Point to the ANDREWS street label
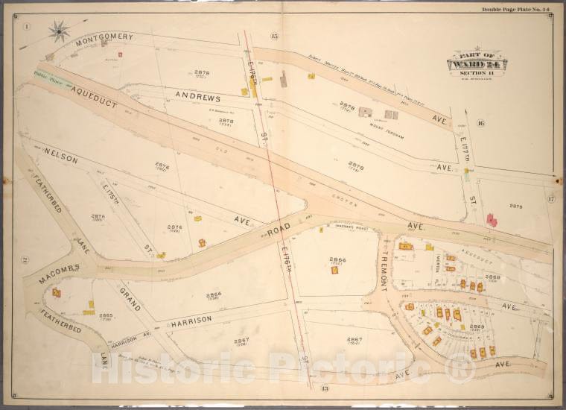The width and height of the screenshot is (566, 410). [x=198, y=97]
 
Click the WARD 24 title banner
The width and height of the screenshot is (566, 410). [x=476, y=64]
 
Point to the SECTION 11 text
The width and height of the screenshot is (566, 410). [x=476, y=74]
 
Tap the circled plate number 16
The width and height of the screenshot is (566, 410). [x=480, y=123]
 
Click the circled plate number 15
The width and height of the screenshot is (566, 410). [x=274, y=36]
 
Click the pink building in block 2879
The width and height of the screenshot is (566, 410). [x=492, y=220]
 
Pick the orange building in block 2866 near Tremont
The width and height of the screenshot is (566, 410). [x=334, y=270]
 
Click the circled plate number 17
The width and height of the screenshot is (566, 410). [x=550, y=198]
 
